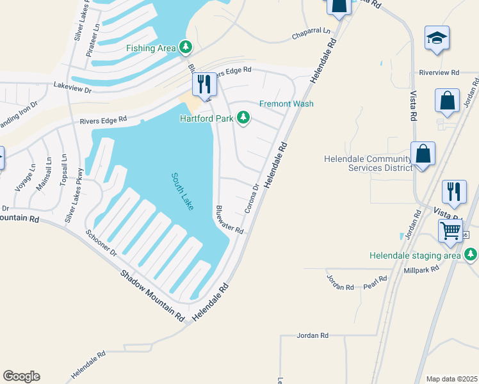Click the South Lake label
(183, 191)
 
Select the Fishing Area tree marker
(186, 47)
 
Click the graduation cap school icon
(437, 38)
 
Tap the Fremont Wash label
(286, 104)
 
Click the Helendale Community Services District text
(368, 163)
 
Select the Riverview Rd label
(439, 73)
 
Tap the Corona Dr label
(252, 199)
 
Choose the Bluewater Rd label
(229, 220)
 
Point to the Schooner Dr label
(101, 243)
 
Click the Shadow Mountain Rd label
(152, 295)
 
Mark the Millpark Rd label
(421, 269)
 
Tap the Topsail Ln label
(63, 170)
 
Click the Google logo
(21, 376)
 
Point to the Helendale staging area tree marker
(471, 255)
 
